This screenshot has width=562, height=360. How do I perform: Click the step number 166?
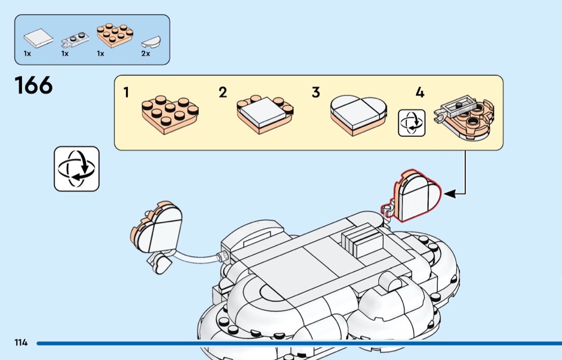[x=34, y=86]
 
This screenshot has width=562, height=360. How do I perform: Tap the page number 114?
[x=21, y=342]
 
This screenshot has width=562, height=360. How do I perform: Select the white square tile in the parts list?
[x=39, y=39]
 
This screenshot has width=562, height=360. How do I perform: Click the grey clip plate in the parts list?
[x=73, y=39]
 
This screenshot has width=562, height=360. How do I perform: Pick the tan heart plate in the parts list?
[x=115, y=35]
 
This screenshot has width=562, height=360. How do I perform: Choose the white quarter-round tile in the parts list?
[x=150, y=41]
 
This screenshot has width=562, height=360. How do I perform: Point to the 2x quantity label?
[x=146, y=54]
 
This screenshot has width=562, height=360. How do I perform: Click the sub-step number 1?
[x=126, y=93]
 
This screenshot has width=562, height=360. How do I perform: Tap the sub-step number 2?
[x=223, y=93]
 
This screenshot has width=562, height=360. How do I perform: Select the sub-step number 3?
[x=316, y=93]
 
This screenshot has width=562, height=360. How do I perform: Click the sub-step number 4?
[x=420, y=93]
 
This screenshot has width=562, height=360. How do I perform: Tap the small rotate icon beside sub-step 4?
[x=412, y=122]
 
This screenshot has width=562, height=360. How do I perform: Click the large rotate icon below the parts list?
[x=77, y=169]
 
